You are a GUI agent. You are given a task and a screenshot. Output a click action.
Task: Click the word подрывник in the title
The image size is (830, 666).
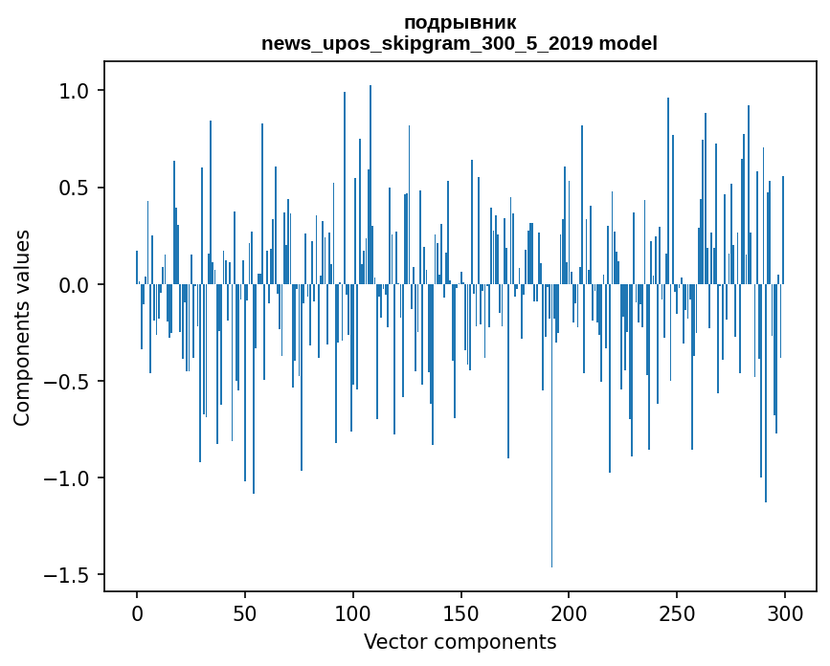460,22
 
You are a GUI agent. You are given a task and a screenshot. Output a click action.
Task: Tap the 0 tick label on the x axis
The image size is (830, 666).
137,612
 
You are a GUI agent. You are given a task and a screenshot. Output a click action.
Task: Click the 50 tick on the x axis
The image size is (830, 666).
245,612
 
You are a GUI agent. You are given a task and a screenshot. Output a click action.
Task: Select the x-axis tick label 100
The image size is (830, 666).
353,612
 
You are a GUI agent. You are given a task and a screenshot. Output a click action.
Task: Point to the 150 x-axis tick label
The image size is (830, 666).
461,612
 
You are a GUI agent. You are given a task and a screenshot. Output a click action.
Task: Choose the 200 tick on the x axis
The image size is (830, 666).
570,612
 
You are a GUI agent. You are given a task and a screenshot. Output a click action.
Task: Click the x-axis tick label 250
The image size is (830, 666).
677,612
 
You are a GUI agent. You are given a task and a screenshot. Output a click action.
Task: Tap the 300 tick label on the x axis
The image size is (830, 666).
785,612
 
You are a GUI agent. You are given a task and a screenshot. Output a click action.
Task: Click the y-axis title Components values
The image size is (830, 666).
23,327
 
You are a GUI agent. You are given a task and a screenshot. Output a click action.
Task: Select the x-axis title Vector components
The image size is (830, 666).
460,641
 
